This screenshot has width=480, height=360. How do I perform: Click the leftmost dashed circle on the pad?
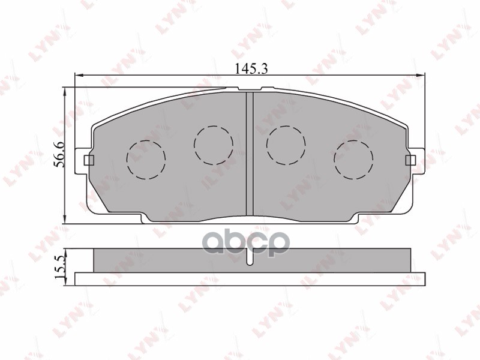click(x=145, y=159)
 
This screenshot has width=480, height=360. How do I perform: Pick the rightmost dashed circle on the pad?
click(x=353, y=159)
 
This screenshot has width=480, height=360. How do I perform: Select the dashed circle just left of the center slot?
click(x=213, y=144)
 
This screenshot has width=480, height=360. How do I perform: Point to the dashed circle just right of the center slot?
click(x=286, y=144)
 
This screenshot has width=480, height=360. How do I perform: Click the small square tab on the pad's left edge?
click(x=89, y=160)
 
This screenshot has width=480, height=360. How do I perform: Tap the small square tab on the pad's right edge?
click(x=410, y=160)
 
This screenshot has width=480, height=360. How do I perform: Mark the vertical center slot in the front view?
click(x=250, y=153)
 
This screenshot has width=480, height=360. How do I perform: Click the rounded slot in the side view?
click(x=250, y=257)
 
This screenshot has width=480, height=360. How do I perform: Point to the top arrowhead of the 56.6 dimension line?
click(x=64, y=90)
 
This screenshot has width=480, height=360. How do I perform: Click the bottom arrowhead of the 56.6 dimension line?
click(x=64, y=221)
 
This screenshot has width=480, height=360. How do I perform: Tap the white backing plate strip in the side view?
click(x=250, y=278)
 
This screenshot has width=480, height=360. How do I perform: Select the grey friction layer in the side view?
click(x=180, y=260)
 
